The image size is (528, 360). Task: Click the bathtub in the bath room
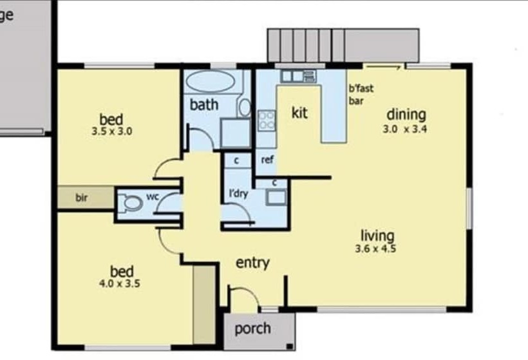[x=210, y=83]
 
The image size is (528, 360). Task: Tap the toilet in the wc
[x=132, y=204]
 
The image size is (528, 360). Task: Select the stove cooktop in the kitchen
[x=267, y=120]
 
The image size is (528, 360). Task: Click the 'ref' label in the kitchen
[x=267, y=158]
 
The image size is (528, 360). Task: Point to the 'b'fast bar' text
[x=361, y=95]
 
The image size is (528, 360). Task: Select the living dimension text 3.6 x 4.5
[x=377, y=249]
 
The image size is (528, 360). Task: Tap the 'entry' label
[x=252, y=263]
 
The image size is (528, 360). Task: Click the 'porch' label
[x=252, y=329]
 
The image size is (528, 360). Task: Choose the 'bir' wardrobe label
[x=82, y=197]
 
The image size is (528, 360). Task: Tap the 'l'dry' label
[x=239, y=193]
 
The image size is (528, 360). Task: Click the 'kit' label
[x=299, y=113]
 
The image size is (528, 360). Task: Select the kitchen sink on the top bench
[x=292, y=76]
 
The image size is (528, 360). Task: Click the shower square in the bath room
[x=234, y=133]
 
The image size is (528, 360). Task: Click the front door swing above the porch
[x=243, y=298]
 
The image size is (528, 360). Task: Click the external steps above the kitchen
[x=306, y=45]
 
